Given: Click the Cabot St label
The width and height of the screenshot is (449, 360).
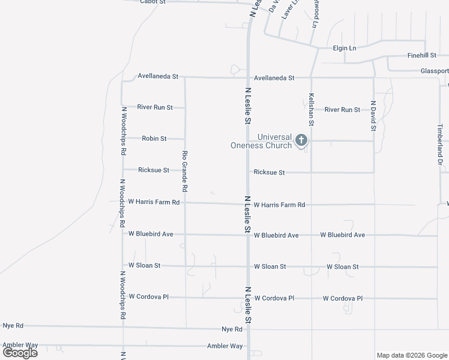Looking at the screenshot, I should [152, 2].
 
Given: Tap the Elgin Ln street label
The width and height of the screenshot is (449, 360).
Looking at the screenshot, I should [345, 48].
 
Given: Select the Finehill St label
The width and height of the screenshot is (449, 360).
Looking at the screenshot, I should [421, 55].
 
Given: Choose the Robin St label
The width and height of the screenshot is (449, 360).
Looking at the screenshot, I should [154, 139].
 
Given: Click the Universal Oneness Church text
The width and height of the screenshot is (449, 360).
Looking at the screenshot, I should [262, 141].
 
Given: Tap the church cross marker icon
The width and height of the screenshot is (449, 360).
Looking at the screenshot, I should [301, 140].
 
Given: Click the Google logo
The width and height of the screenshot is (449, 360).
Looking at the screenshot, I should [20, 352].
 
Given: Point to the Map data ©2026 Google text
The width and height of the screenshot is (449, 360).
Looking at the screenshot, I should [412, 355].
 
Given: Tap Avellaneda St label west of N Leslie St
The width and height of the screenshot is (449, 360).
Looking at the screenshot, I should [158, 77].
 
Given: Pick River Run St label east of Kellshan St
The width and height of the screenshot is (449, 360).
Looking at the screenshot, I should [342, 110].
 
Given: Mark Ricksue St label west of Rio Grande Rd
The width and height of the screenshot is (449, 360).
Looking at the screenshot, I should [154, 170].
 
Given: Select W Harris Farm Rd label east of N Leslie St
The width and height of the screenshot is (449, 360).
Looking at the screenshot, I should [279, 205].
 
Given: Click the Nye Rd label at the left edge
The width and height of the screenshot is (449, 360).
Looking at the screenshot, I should [13, 326].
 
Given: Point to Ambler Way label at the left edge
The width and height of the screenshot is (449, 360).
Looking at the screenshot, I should [20, 345].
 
